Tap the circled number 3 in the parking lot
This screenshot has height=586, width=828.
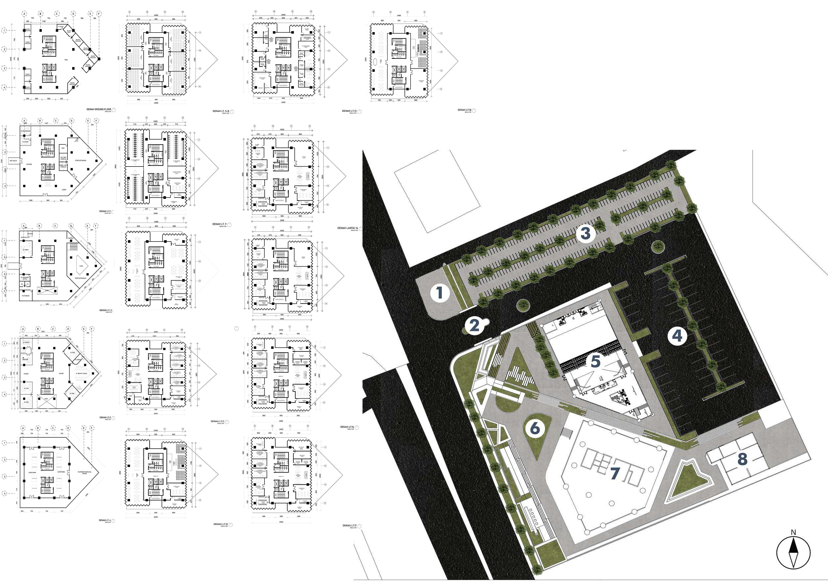(585, 233)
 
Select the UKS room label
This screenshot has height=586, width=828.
(63, 148)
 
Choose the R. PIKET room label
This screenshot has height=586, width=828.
(26, 250)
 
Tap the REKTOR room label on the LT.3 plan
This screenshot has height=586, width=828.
(25, 359)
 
